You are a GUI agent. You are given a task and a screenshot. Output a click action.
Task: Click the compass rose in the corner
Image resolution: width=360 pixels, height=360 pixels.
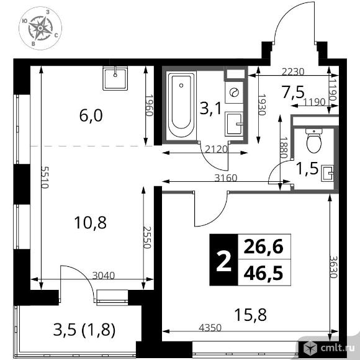[x=40, y=28]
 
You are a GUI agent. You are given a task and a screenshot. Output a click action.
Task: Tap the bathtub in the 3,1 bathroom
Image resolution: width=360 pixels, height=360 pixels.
[x=181, y=106]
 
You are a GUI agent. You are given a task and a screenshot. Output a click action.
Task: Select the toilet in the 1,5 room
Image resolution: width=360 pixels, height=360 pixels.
[x=314, y=140]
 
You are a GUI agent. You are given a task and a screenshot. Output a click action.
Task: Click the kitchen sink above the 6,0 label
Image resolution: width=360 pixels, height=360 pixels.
[x=115, y=78]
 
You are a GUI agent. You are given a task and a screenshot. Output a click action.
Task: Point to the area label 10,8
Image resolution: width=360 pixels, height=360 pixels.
[x=90, y=223]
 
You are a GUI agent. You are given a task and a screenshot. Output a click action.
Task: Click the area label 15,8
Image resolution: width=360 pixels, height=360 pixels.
[x=251, y=315]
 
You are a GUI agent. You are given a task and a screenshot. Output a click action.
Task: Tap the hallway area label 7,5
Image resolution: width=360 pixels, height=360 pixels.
[x=294, y=92]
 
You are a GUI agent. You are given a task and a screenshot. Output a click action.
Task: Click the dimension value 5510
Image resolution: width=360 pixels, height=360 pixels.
[x=44, y=177]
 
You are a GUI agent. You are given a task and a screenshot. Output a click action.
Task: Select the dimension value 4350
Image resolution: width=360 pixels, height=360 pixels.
[x=210, y=328]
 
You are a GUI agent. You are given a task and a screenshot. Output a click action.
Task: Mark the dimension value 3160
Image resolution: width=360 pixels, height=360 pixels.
[x=225, y=178]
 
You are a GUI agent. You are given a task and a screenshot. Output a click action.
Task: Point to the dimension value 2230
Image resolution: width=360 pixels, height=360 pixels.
[x=293, y=72]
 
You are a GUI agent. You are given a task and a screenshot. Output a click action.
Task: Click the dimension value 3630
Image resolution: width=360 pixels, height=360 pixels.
[x=333, y=266]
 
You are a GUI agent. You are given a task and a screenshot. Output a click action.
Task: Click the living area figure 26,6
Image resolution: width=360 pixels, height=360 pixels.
[x=263, y=247]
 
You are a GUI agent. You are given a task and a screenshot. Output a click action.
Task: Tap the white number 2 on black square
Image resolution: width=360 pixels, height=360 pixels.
[x=223, y=260]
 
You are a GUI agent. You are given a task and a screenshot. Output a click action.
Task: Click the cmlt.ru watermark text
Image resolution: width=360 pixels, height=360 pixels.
[x=338, y=348]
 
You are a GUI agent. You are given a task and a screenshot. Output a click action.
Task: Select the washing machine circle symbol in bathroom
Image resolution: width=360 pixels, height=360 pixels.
[x=234, y=92]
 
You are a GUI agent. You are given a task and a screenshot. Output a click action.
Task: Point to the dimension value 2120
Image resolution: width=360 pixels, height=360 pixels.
[x=216, y=150]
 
